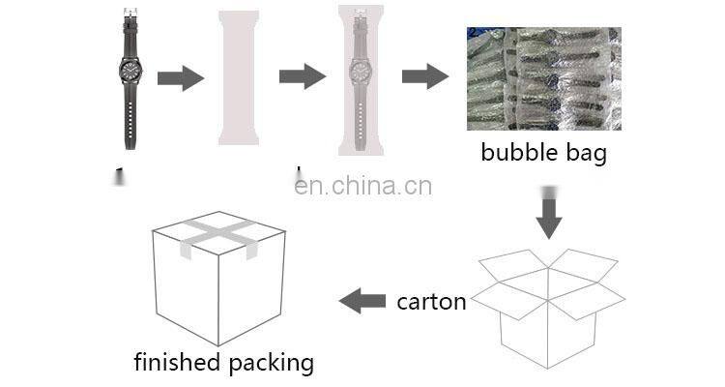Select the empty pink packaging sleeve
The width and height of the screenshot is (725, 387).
pyautogui.click(x=239, y=77)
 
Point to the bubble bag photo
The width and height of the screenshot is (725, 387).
pyautogui.click(x=543, y=78)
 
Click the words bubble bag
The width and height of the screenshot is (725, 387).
pyautogui.click(x=544, y=152)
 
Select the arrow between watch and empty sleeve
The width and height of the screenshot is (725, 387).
pyautogui.click(x=180, y=77)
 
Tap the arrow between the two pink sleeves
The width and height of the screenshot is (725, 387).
pyautogui.click(x=302, y=77)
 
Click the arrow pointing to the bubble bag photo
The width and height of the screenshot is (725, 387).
pyautogui.click(x=424, y=77)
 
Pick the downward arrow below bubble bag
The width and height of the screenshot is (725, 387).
pyautogui.click(x=549, y=218)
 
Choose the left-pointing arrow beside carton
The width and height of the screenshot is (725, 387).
pyautogui.click(x=362, y=301)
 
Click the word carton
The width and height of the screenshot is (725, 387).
pyautogui.click(x=431, y=301)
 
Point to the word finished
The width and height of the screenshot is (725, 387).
pyautogui.click(x=177, y=363)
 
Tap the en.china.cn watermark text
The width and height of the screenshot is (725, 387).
pyautogui.click(x=363, y=186)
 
